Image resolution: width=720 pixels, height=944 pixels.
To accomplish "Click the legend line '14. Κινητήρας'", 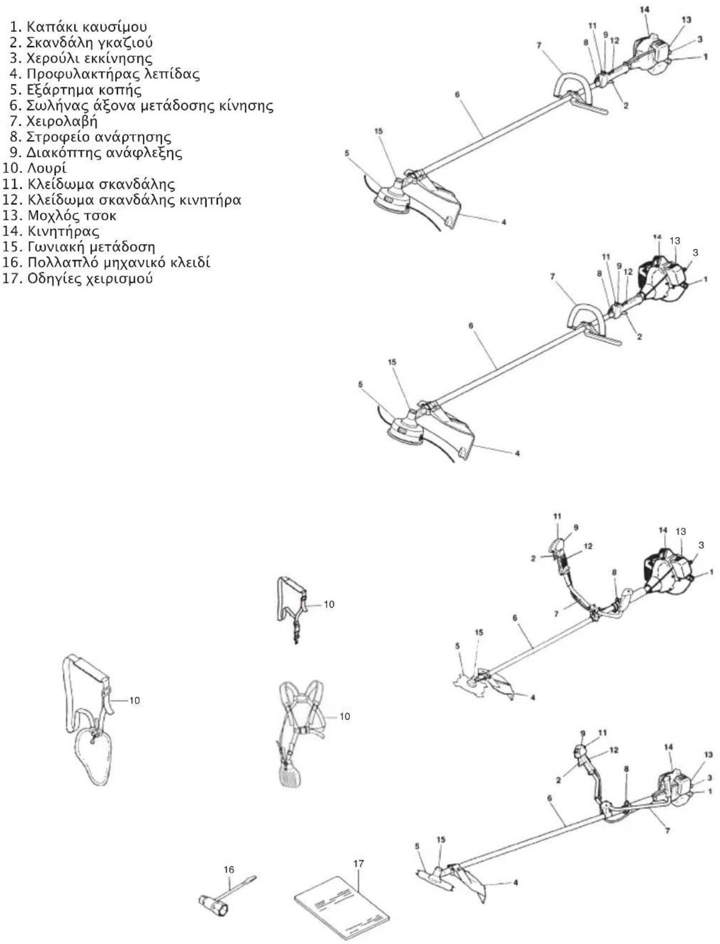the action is [51, 231].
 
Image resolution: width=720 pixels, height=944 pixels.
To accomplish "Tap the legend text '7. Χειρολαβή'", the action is [54, 121].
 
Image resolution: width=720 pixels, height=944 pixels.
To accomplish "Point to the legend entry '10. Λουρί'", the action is [35, 168].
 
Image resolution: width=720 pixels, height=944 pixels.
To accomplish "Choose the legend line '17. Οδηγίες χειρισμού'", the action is [78, 278].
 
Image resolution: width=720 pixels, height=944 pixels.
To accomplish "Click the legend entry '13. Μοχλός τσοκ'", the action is [59, 215].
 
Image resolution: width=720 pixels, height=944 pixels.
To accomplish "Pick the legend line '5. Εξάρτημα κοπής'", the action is [75, 90].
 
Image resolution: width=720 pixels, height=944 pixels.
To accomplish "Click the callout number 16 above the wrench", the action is [229, 869].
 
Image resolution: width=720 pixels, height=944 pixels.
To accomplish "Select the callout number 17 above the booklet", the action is [359, 863].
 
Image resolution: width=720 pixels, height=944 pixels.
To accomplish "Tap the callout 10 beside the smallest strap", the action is [329, 604].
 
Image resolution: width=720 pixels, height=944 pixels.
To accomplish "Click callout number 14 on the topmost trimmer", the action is [645, 10].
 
